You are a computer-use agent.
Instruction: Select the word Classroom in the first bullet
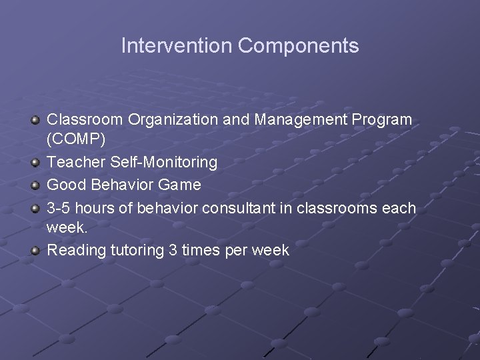click(x=85, y=120)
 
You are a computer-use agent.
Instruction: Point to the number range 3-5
click(x=59, y=208)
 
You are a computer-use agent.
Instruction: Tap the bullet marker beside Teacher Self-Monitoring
click(x=35, y=163)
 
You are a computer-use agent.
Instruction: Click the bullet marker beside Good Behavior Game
click(x=35, y=185)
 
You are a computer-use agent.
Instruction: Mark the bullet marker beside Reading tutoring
click(x=35, y=251)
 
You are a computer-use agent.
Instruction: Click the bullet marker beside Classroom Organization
click(x=35, y=120)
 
